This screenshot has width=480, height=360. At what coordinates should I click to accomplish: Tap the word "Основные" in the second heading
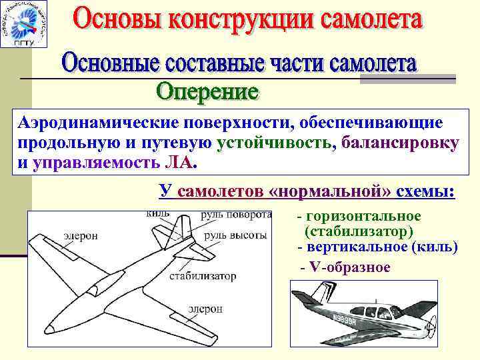[113, 65]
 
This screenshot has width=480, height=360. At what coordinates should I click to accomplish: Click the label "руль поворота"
[237, 215]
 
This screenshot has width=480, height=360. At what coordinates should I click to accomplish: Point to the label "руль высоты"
[235, 235]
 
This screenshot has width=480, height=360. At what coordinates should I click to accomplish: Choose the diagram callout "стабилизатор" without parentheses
[203, 275]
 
